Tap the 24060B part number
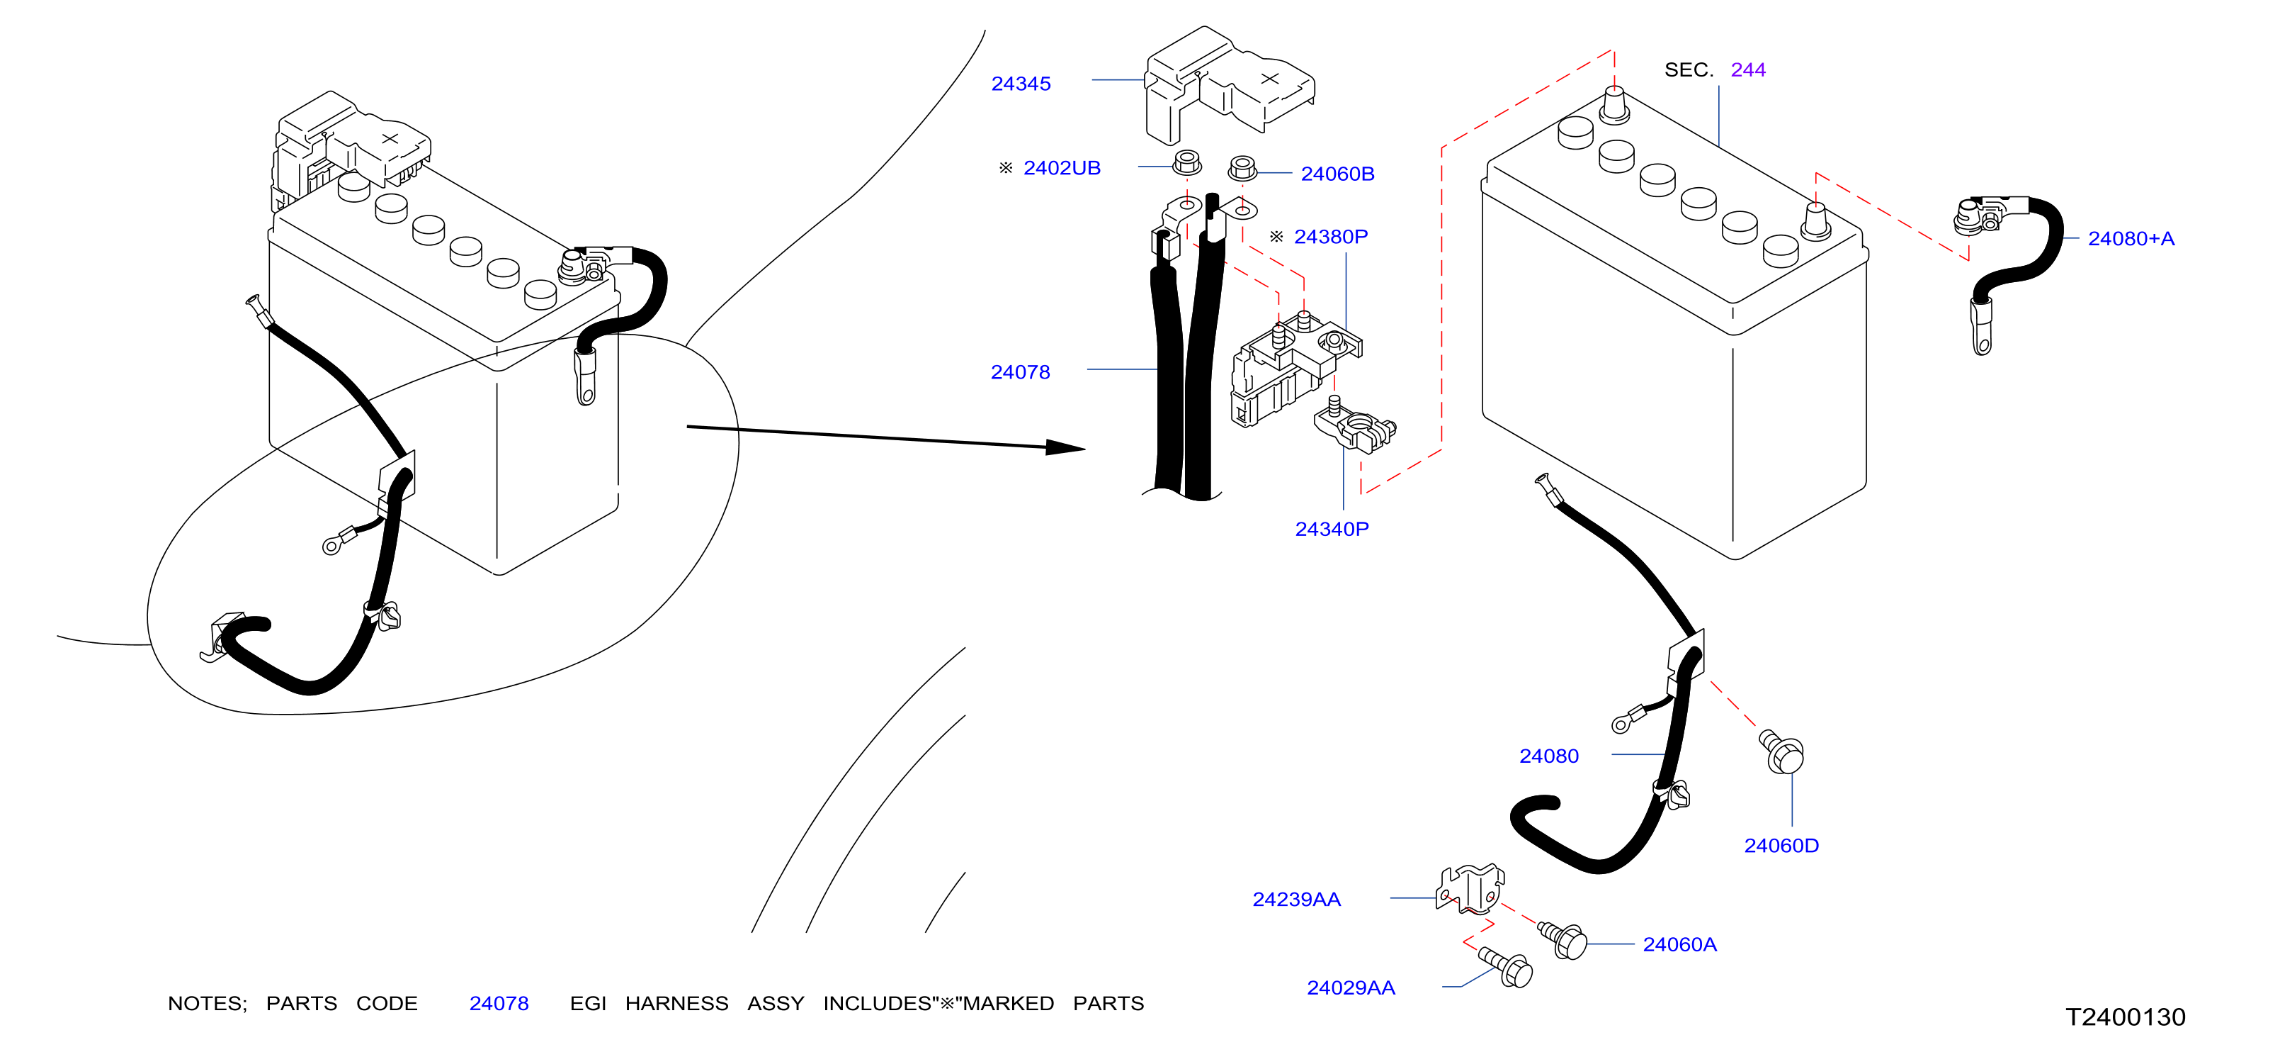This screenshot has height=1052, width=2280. click(x=1337, y=174)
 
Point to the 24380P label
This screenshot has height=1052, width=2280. click(x=1330, y=237)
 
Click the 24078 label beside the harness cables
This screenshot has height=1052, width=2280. click(x=1020, y=372)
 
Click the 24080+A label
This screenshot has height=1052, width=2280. click(x=2131, y=238)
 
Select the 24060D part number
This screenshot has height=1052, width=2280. click(x=1781, y=845)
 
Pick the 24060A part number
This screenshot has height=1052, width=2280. click(x=1679, y=944)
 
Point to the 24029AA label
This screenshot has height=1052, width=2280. click(x=1351, y=987)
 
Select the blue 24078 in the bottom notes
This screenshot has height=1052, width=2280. click(x=499, y=1003)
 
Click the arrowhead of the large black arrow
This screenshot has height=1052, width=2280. click(x=1066, y=447)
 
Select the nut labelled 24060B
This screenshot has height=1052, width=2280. click(x=1242, y=167)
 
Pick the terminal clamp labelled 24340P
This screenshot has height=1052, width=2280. click(x=1354, y=425)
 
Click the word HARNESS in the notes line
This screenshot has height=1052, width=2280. click(x=676, y=1003)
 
